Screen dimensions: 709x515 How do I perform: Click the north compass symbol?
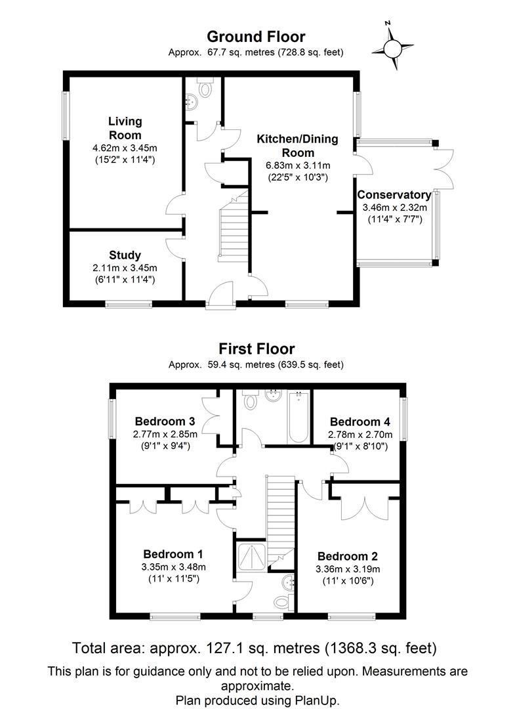pyautogui.click(x=393, y=47)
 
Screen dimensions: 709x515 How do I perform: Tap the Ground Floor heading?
pyautogui.click(x=256, y=37)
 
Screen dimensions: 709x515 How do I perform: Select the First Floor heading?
pyautogui.click(x=257, y=349)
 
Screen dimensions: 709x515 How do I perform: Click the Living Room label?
pyautogui.click(x=125, y=128)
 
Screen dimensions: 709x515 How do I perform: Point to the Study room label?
pyautogui.click(x=125, y=255)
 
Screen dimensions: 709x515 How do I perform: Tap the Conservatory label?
pyautogui.click(x=394, y=195)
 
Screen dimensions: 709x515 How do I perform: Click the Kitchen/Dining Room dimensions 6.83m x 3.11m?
pyautogui.click(x=297, y=165)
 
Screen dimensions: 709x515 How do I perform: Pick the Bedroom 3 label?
pyautogui.click(x=165, y=421)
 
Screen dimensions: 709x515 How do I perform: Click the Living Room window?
pyautogui.click(x=66, y=115)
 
